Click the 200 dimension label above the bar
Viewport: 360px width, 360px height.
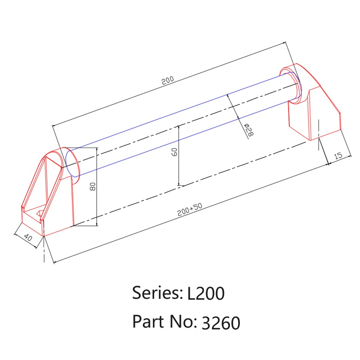[x=167, y=81]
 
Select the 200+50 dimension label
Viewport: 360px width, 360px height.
[x=189, y=210]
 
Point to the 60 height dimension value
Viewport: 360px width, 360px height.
[x=174, y=152]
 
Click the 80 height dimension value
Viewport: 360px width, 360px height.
[x=93, y=186]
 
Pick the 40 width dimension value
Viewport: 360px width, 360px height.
[x=27, y=238]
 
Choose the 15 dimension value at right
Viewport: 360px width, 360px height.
[x=337, y=155]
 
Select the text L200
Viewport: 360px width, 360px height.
[x=205, y=294]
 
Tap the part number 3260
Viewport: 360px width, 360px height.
[x=221, y=323]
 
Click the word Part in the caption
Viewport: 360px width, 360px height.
[x=147, y=321]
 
